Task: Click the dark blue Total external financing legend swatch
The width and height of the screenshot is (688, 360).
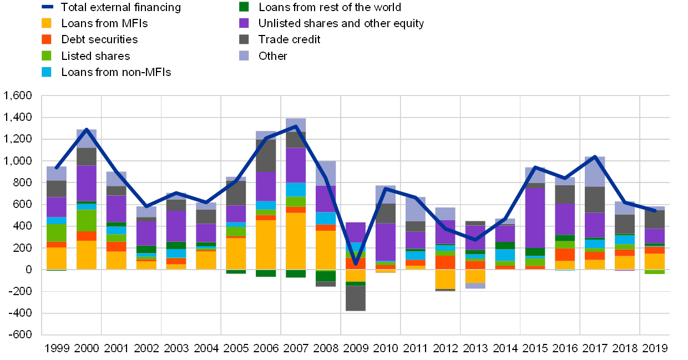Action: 47,7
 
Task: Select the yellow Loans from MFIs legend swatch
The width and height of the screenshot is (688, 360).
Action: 47,23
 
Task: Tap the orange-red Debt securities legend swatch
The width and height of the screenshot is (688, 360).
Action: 47,39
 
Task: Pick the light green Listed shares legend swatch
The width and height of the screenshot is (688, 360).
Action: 47,55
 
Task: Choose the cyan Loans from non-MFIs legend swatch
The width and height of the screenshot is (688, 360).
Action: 47,72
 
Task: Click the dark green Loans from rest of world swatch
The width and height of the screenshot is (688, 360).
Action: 244,7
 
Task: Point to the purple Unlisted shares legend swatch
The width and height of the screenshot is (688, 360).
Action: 244,23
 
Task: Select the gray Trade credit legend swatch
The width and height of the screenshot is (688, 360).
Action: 244,39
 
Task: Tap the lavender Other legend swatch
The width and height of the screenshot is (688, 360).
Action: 244,55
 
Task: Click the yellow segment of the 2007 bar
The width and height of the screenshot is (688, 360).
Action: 296,241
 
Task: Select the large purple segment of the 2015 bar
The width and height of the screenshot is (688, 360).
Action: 535,218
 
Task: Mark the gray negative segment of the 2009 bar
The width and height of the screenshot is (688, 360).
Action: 356,298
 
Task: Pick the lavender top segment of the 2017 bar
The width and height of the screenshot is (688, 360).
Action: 595,171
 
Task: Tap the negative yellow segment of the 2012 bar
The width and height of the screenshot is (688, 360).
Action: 445,279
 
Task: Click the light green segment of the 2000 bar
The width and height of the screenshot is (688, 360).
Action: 87,220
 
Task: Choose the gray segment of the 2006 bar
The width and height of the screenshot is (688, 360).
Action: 266,155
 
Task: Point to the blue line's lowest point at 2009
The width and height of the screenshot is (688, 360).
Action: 356,264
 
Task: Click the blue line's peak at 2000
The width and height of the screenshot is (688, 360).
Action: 87,129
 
